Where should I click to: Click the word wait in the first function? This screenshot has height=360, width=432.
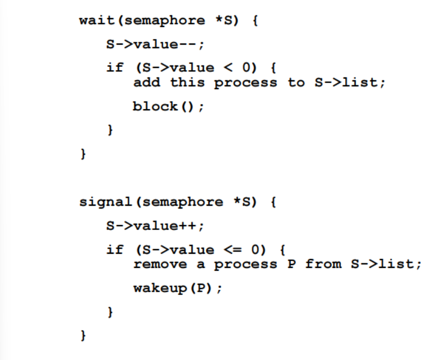coord(97,21)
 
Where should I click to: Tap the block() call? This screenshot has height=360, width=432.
coord(168,106)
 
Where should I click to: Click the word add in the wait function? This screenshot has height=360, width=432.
coord(146,83)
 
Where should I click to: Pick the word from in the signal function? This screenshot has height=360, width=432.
coord(323,264)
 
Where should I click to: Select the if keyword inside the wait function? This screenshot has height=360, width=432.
coord(115,68)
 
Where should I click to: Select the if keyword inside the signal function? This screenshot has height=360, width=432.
coord(115,249)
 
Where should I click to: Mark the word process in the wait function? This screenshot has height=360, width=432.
coord(246,83)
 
